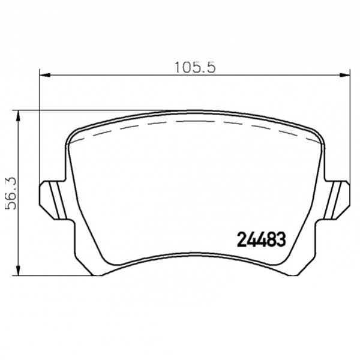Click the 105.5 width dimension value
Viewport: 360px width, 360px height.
195,68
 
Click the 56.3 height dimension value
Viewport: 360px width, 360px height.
11,193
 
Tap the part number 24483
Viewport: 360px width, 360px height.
261,239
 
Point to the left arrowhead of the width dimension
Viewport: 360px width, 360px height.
45,75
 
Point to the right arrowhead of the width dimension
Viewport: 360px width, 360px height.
344,75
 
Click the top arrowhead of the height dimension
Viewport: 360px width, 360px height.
18,116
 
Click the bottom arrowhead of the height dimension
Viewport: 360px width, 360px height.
18,270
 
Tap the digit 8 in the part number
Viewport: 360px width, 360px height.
271,239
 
